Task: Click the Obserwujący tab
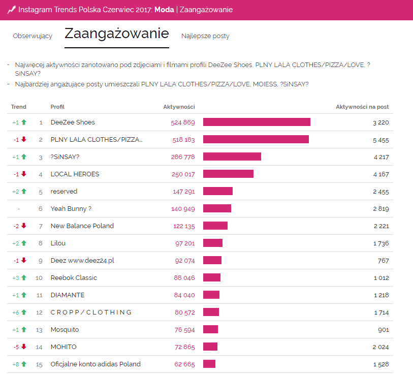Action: [x=33, y=36]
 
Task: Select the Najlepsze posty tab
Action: [x=205, y=36]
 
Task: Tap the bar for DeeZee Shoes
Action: [x=257, y=122]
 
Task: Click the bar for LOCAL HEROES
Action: [x=228, y=174]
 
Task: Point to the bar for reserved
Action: [x=218, y=191]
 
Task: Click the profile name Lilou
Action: [x=58, y=243]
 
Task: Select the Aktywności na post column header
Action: [x=362, y=107]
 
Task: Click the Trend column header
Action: [x=18, y=107]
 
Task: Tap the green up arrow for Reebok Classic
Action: [x=23, y=277]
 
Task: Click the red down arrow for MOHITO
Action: [x=23, y=347]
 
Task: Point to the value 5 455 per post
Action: [x=380, y=139]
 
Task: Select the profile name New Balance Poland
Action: [x=82, y=226]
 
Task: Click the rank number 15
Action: [x=39, y=364]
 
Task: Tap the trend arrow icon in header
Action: [x=11, y=10]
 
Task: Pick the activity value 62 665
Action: [x=184, y=364]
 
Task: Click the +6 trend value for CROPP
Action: [x=16, y=312]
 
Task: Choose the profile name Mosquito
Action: [x=65, y=329]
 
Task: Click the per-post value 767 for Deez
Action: [x=384, y=260]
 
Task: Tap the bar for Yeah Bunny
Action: [x=217, y=208]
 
